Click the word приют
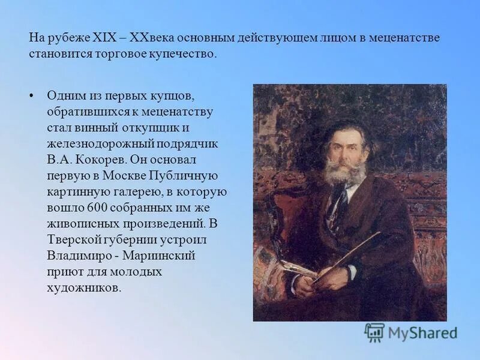tap(62, 271)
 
